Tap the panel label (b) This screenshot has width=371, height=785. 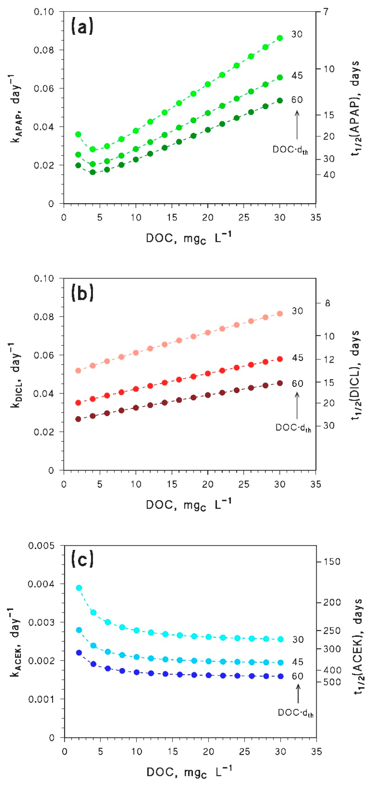click(x=82, y=293)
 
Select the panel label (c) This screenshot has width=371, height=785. click(x=82, y=560)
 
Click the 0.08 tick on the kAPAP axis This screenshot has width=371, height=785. click(x=44, y=50)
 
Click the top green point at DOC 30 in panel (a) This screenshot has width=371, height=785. click(x=280, y=38)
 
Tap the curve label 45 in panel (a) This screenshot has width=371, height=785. click(x=297, y=76)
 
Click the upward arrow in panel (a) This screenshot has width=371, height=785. click(x=297, y=125)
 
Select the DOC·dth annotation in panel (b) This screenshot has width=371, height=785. click(x=293, y=428)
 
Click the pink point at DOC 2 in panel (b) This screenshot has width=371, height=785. click(x=78, y=371)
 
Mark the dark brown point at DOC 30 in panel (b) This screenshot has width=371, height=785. click(x=280, y=383)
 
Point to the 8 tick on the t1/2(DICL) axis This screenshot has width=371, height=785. click(x=327, y=303)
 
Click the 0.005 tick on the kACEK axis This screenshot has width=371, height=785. click(x=41, y=545)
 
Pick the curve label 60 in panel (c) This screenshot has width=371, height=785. click(x=298, y=676)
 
